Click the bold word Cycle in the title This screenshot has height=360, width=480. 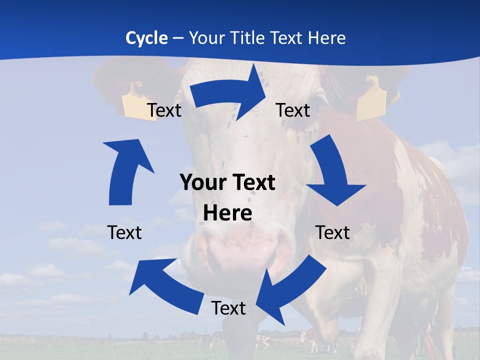coord(146,38)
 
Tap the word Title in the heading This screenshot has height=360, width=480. coord(247,38)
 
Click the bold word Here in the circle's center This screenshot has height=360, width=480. coord(227,213)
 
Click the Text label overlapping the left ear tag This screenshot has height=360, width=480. coord(164,110)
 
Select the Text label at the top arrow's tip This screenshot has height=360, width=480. coord(293,110)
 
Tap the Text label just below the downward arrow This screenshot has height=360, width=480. coord(332,232)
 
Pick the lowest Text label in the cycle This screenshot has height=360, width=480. coord(228,308)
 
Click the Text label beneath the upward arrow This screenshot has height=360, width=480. coord(124,232)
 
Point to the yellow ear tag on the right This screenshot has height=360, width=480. coord(371,100)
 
